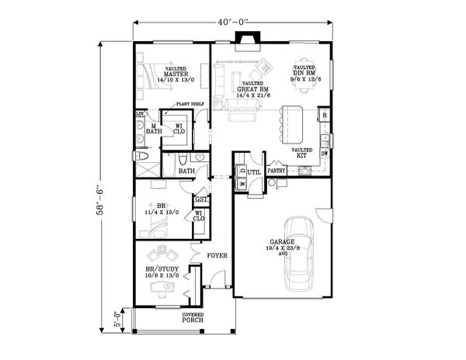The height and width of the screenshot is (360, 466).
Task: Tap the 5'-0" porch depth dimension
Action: click(x=117, y=318)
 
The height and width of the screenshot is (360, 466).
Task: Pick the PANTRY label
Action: click(x=277, y=171)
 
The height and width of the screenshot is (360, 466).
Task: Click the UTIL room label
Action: click(x=254, y=171)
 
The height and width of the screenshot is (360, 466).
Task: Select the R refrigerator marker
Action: click(x=325, y=116)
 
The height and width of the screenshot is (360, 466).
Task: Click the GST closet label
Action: click(x=200, y=200)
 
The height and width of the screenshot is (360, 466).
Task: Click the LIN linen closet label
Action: click(x=140, y=115)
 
